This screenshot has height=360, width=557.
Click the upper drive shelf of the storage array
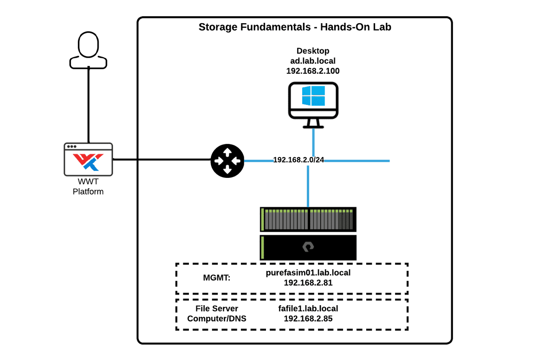click(308, 219)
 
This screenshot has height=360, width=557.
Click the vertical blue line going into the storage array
click(307, 186)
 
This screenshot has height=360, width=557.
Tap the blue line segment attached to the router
click(258, 161)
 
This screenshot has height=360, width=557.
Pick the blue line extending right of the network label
click(357, 161)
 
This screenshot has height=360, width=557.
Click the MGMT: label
click(216, 278)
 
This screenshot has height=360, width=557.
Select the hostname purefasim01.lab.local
click(308, 273)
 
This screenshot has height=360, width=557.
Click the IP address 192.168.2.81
click(308, 282)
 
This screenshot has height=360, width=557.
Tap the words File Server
click(216, 309)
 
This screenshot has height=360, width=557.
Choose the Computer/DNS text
click(216, 319)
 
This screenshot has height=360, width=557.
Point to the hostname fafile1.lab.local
click(308, 309)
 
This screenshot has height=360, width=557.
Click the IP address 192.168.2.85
click(308, 319)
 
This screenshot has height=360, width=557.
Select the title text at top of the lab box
click(295, 26)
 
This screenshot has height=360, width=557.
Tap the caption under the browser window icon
click(87, 186)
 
